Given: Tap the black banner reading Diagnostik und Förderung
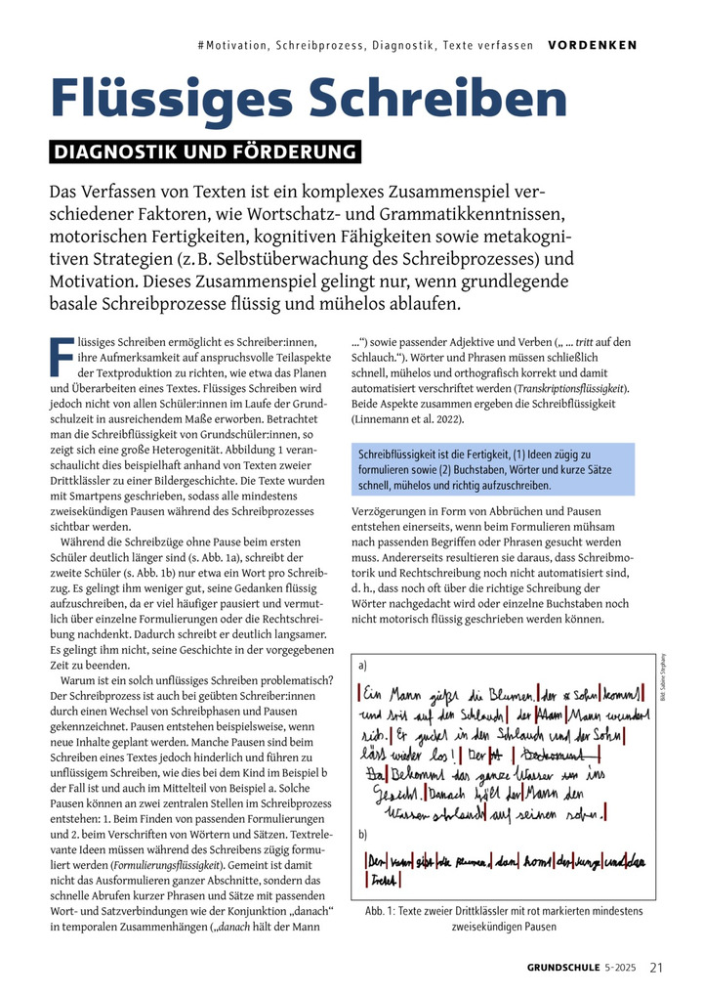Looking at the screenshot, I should click(204, 152).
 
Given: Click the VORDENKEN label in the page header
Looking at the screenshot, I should click(592, 45).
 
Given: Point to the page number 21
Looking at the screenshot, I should click(656, 968).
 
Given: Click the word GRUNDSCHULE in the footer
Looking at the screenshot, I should click(564, 969).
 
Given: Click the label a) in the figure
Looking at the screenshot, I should click(363, 666).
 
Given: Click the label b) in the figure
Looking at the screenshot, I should click(363, 834).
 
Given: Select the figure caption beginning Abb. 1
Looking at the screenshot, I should click(504, 918).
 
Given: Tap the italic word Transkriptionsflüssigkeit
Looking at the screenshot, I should click(573, 389).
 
